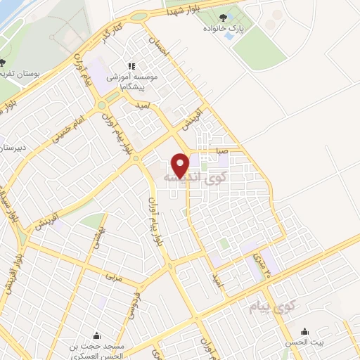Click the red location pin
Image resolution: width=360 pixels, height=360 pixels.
coord(181,165)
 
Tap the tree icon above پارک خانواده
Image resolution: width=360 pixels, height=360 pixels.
coord(224,18)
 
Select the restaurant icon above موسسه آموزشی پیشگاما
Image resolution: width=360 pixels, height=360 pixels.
coord(131,66)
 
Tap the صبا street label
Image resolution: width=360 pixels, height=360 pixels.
coord(221,150)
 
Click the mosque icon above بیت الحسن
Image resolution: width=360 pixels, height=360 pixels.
coord(304,332)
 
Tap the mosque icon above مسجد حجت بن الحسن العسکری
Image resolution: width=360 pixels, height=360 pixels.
coord(96,335)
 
